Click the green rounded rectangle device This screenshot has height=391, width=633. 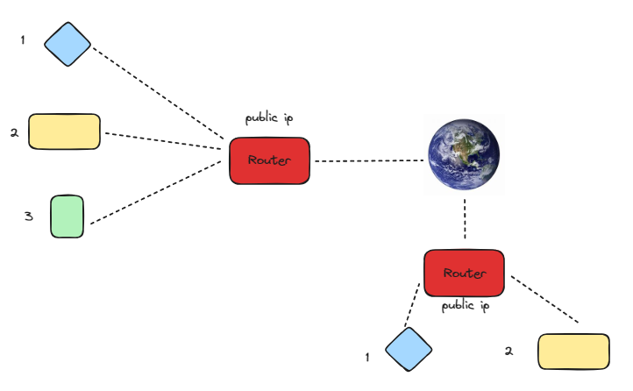(x=67, y=217)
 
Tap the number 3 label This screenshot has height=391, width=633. (x=28, y=216)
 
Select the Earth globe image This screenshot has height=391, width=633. (x=464, y=157)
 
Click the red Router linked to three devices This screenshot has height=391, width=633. (x=269, y=160)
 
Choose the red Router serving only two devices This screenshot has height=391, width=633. (x=464, y=274)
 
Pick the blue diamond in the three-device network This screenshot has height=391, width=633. (x=68, y=43)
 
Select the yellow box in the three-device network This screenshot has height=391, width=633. (x=64, y=132)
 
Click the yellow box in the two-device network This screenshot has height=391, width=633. (x=573, y=352)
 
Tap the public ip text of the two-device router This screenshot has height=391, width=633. (x=464, y=306)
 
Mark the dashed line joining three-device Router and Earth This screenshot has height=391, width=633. (x=368, y=161)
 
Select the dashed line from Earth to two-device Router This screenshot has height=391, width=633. (x=464, y=219)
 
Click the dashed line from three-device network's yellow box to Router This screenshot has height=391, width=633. (x=162, y=142)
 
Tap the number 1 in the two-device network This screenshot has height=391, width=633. (x=367, y=357)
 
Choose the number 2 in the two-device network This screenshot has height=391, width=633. (x=509, y=351)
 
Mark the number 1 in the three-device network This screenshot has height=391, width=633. (x=23, y=40)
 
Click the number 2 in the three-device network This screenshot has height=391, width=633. (x=14, y=133)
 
